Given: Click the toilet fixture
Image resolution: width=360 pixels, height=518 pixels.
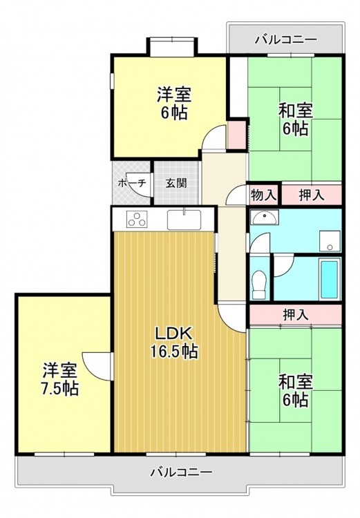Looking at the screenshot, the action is point(259,285).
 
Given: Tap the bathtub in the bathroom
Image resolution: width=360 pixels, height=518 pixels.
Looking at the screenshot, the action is point(330,280).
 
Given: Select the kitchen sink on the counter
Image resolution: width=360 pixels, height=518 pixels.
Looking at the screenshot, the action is point(184,220).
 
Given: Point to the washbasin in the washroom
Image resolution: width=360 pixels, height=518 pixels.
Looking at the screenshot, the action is point(264,218).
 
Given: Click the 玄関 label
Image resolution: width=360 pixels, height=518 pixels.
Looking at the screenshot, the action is point(176,183).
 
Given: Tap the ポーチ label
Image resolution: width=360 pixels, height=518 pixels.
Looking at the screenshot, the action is point(132,183).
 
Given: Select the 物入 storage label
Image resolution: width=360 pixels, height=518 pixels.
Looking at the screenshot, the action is point(263,195).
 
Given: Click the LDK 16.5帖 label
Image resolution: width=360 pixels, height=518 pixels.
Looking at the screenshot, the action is point(174,343).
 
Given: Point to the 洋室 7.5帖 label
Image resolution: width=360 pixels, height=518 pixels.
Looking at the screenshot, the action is point(60,379).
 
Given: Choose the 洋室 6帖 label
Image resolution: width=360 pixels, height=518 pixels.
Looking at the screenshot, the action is point(174,103).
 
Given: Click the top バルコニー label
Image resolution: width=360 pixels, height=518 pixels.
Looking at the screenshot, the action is point(286,39).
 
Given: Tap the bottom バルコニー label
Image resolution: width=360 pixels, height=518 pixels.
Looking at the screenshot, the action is point(181,472).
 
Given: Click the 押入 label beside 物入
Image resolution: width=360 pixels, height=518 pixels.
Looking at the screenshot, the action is point(312,195).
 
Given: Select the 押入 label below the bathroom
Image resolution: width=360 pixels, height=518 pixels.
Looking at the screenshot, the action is point(296,314).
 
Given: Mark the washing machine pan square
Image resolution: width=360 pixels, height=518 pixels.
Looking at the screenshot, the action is point(330,241).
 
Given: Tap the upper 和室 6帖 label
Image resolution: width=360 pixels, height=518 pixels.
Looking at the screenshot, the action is point(295,119).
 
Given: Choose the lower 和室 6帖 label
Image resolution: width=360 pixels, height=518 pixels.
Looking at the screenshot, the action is point(295,390).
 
